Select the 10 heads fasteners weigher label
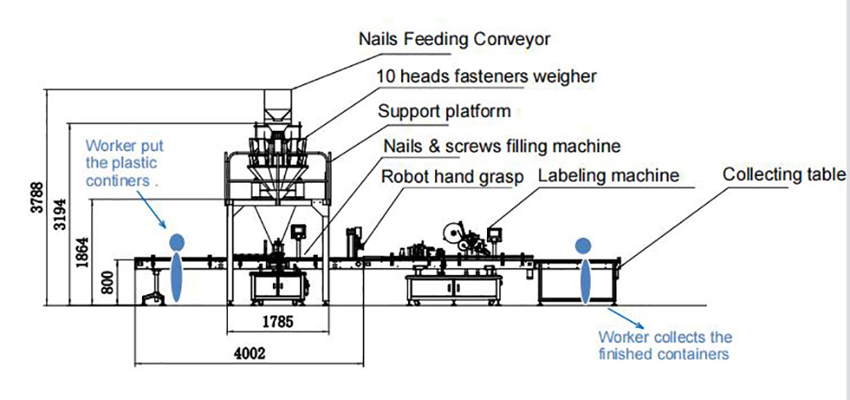pyautogui.click(x=486, y=76)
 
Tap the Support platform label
pyautogui.click(x=444, y=111)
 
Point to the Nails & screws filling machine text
pyautogui.click(x=501, y=146)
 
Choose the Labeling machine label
pyautogui.click(x=609, y=176)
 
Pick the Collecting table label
pyautogui.click(x=784, y=174)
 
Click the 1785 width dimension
pyautogui.click(x=277, y=322)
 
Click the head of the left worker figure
pyautogui.click(x=177, y=241)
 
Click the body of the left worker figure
pyautogui.click(x=176, y=277)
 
